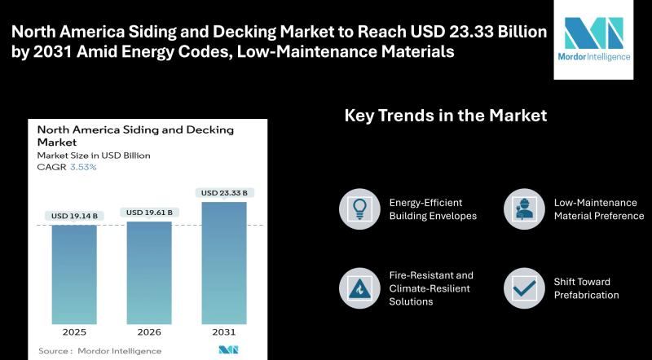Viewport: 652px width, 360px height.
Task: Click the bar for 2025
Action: pos(74,274)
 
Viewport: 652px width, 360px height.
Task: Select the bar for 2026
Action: pos(149,273)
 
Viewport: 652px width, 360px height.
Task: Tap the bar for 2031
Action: pos(224,263)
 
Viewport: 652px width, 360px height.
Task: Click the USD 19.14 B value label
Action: pos(74,216)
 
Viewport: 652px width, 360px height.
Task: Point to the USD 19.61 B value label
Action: pos(149,213)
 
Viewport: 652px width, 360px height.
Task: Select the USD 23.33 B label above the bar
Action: pos(224,193)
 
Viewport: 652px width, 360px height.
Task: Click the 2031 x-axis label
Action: pos(224,332)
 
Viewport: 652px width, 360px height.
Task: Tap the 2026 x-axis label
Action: pos(149,332)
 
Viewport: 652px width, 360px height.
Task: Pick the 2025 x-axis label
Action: pos(74,332)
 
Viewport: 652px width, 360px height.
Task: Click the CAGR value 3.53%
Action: pos(83,167)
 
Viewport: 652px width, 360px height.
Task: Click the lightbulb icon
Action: pos(359,209)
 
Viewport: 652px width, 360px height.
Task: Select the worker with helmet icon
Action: pos(524,209)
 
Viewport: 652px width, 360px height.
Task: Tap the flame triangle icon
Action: pos(359,288)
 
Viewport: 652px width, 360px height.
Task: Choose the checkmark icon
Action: pos(524,288)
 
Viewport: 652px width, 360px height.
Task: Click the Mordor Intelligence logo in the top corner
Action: pos(593,39)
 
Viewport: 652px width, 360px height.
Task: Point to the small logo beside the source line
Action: pos(228,350)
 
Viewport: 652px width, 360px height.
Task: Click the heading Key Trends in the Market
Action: pos(446,116)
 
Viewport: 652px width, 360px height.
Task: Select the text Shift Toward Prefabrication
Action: pos(586,288)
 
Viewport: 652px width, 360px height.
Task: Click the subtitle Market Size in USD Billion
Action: pos(94,156)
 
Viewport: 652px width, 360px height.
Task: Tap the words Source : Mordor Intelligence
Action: pos(99,351)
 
